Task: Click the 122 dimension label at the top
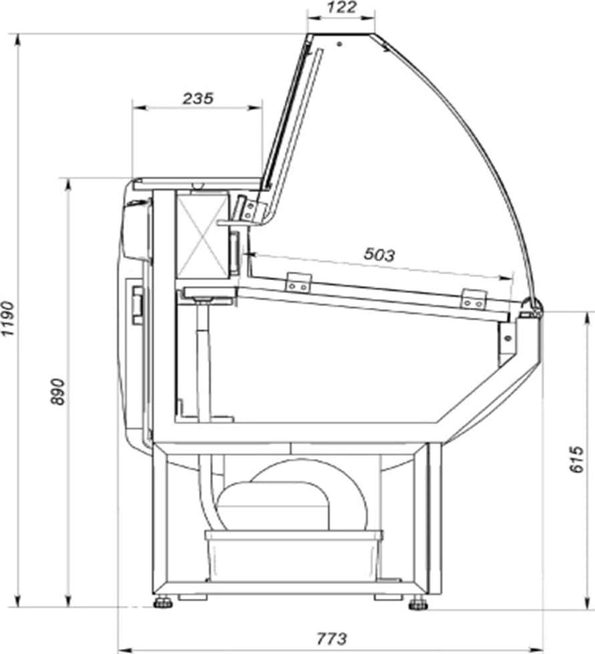pos(341,7)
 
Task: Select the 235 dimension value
pos(198,99)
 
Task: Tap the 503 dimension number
pos(379,254)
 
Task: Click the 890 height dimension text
pos(58,392)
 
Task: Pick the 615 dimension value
pos(576,459)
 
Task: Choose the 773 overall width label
pos(332,638)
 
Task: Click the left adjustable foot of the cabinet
pos(164,602)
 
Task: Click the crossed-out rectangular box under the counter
pos(203,235)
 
